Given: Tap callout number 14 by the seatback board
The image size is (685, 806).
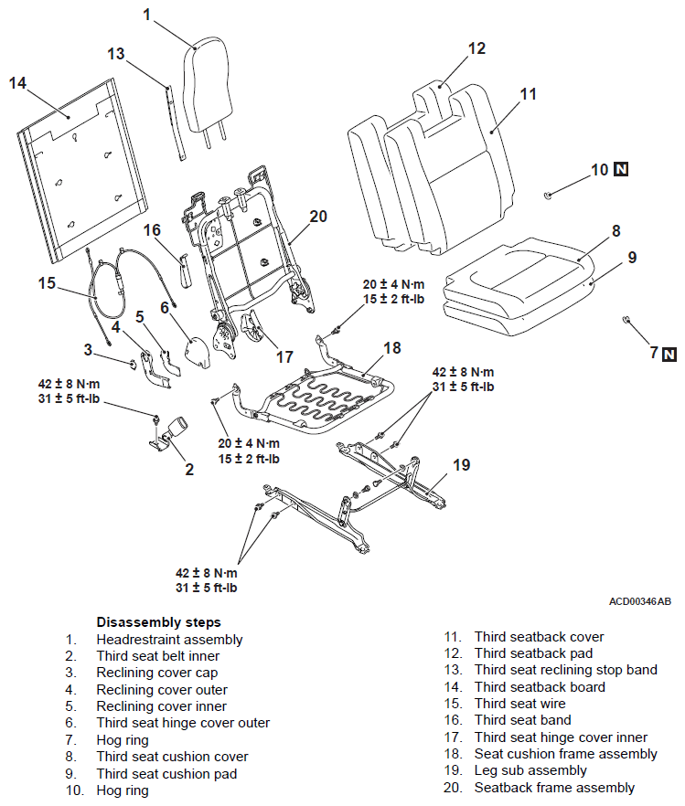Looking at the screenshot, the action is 17,83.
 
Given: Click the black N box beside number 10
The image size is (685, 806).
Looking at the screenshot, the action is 621,169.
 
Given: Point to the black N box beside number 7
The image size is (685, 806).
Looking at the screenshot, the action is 669,355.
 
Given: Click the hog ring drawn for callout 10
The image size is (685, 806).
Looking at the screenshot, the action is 548,195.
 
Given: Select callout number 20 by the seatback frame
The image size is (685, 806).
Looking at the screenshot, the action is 318,217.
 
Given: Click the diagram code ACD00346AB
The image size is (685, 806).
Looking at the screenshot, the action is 640,601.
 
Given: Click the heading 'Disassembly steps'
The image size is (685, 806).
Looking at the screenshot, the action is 158,622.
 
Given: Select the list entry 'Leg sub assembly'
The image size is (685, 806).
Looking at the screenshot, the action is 530,770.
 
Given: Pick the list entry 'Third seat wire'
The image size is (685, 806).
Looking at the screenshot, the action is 519,704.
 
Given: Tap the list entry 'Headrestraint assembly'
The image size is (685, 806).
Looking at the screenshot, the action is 169,640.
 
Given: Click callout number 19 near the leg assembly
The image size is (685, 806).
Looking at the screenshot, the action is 461,464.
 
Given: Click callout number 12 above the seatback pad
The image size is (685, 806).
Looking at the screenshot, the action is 476,48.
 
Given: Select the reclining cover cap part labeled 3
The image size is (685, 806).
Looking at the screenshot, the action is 133,364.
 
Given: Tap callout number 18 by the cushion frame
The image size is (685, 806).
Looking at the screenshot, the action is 391,348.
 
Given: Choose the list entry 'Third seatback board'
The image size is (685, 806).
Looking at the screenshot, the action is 540,687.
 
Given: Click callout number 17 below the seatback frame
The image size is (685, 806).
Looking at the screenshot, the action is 285,356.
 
